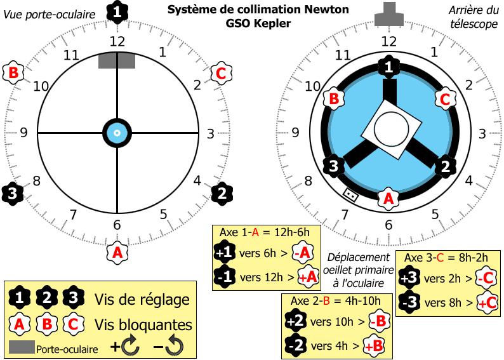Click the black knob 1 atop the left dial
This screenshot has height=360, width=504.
117,11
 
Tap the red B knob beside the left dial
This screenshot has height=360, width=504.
13,73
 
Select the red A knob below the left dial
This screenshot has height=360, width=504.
117,251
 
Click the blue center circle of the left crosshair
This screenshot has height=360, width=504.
117,133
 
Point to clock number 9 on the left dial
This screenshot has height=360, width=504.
23,133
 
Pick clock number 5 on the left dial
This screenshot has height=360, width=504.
163,214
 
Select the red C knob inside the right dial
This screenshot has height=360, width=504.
445,99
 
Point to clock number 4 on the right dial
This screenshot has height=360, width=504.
469,182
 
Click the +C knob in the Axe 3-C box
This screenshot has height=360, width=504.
486,303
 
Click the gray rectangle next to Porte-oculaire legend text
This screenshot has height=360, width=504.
22,347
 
